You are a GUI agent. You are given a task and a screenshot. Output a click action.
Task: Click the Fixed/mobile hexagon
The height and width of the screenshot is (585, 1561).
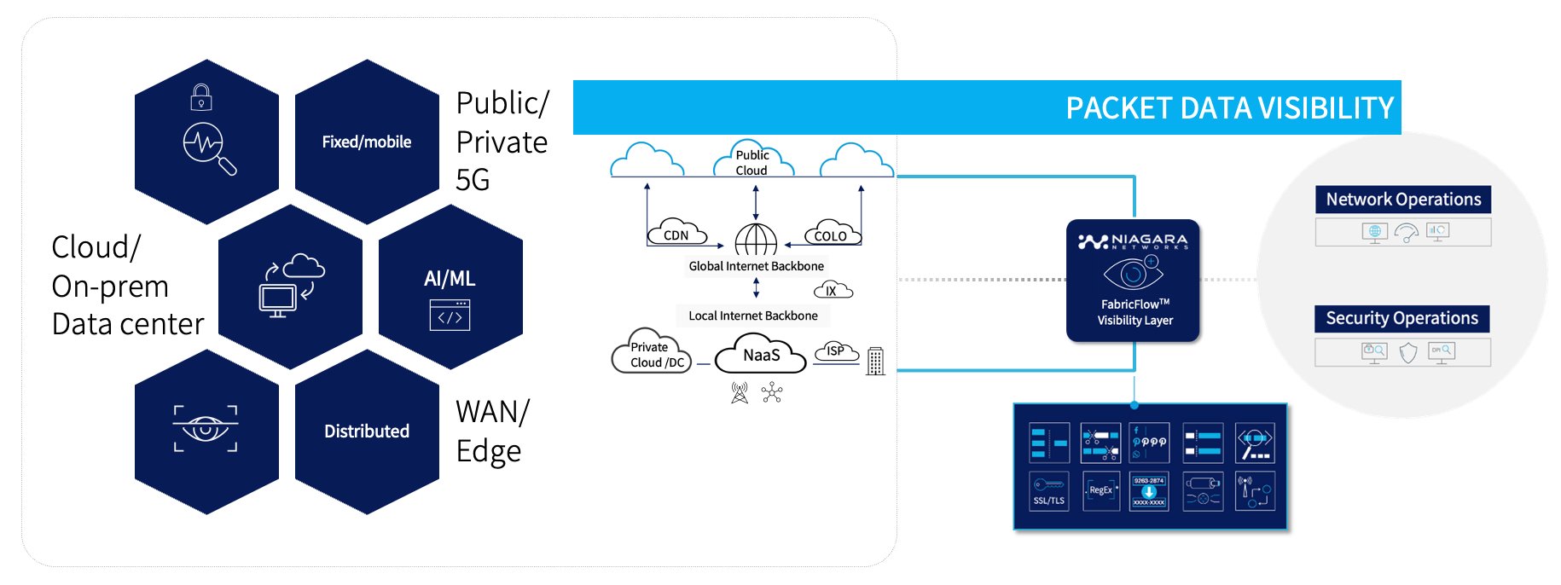[x=367, y=142]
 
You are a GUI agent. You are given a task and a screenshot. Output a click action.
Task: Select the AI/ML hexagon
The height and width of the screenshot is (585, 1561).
[x=450, y=287]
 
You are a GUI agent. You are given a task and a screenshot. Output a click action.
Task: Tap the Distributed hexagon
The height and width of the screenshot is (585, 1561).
[x=367, y=432]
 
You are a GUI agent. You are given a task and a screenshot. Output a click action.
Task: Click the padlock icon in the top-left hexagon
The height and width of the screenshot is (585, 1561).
[x=201, y=97]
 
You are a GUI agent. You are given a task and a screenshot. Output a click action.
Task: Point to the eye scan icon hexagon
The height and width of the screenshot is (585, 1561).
[x=206, y=429]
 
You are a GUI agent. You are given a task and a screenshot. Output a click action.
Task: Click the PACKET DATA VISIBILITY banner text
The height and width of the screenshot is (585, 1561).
[x=1229, y=108]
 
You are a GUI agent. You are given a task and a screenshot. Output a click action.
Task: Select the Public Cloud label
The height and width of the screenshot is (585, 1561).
[x=752, y=162]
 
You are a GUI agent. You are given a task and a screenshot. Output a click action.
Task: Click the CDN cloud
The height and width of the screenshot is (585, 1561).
[x=676, y=234]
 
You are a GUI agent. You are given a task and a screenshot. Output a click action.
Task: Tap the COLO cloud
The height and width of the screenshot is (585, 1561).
[x=831, y=235]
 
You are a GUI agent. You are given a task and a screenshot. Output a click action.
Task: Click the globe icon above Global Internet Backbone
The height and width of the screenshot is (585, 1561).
[x=756, y=240]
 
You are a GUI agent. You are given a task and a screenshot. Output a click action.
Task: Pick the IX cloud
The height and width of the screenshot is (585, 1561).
[x=832, y=291]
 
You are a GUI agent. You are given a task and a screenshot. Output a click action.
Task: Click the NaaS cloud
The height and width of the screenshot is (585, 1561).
[x=760, y=355]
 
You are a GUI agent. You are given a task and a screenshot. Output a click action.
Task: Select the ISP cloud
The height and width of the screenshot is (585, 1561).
[x=836, y=351]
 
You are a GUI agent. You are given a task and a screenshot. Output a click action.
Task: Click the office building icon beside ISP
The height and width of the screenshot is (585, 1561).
[x=875, y=361]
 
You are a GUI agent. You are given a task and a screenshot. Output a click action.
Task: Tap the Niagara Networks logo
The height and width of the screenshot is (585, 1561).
[x=1133, y=241]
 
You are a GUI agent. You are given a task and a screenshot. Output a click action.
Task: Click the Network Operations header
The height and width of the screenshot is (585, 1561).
[x=1402, y=200]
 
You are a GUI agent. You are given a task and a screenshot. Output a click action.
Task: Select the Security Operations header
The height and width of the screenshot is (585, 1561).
[x=1401, y=318]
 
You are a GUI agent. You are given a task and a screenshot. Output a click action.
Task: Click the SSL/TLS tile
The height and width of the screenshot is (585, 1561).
[x=1049, y=491]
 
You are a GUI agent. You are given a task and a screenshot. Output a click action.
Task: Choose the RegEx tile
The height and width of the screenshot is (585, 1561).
[x=1100, y=491]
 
